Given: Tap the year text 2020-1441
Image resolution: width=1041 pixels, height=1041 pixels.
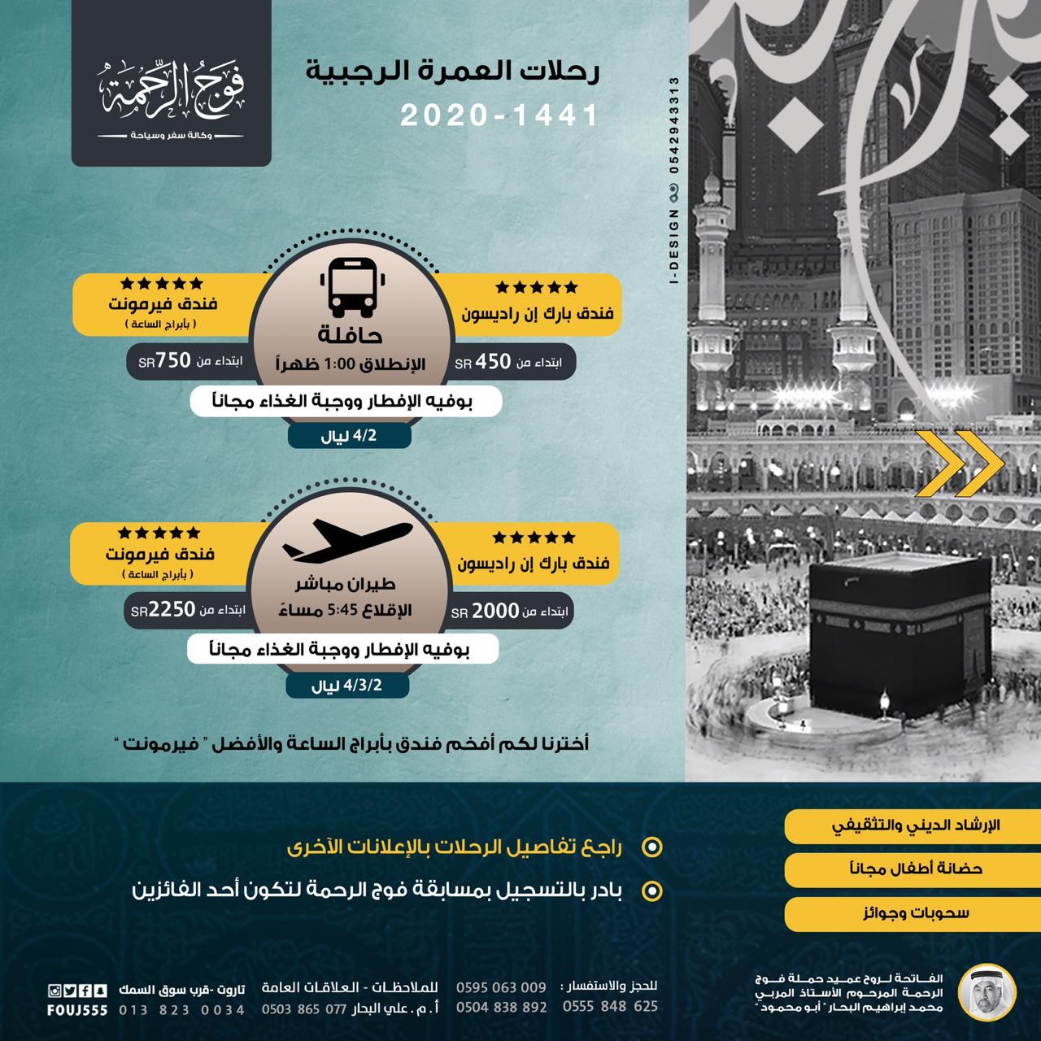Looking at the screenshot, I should pos(499,116).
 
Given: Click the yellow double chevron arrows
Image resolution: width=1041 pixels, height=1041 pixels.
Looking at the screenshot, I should pos(960,464).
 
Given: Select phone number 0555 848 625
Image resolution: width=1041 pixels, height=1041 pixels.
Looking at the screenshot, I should pos(610,1007).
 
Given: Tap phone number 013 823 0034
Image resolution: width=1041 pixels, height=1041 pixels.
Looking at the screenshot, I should pos(181,1010).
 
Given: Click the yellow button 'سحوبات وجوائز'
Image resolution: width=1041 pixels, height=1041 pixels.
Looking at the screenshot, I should pos(904,913).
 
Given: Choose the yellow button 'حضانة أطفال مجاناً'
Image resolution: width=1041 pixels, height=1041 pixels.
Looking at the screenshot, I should pos(904,869).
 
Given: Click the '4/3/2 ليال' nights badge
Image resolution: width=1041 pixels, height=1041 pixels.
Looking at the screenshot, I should pos(347,686).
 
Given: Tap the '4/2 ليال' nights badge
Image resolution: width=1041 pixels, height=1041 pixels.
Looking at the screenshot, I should pos(350,437).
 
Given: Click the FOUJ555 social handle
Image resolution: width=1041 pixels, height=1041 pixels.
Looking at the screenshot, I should pos(78,1010).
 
